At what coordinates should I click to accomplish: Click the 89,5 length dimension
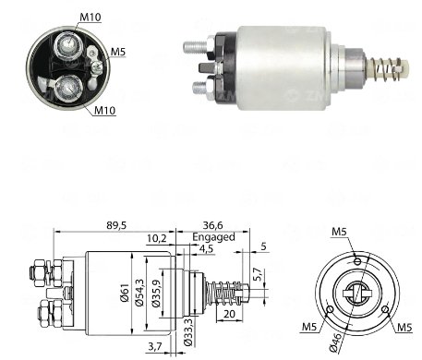point(116,225)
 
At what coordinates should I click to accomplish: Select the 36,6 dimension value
point(212,225)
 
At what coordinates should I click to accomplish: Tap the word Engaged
point(213,237)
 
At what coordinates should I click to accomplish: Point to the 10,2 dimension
point(156,238)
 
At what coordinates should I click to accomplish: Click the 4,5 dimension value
point(206,248)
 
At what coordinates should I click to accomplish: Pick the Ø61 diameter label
point(125,294)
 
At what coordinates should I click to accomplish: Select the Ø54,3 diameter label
point(139,293)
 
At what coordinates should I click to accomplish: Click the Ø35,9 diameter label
point(156,294)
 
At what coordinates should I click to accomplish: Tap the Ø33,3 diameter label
point(188,332)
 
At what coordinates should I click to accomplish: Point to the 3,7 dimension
point(155,347)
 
